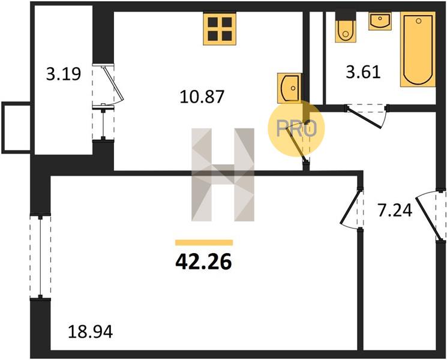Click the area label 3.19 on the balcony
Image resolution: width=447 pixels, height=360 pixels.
(64, 74)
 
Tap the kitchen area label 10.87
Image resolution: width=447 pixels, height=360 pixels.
(202, 97)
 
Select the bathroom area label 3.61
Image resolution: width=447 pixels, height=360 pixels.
(363, 72)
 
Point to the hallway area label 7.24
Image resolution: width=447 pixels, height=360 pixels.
(395, 211)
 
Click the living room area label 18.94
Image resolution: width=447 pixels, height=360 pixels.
(91, 332)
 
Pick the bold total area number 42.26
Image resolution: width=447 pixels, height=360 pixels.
(203, 262)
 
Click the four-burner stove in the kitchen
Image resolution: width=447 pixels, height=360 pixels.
(220, 29)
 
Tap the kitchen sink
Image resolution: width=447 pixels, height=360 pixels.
(289, 88)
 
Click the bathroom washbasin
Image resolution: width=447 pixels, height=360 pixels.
(380, 21)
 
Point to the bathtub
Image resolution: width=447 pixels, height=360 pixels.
(418, 49)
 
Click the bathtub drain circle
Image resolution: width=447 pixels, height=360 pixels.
(418, 21)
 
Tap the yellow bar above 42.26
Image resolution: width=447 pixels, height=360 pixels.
(204, 242)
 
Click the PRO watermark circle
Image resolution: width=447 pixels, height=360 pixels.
(296, 128)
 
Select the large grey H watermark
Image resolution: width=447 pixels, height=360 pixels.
(223, 175)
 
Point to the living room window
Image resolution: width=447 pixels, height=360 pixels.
(40, 257)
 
